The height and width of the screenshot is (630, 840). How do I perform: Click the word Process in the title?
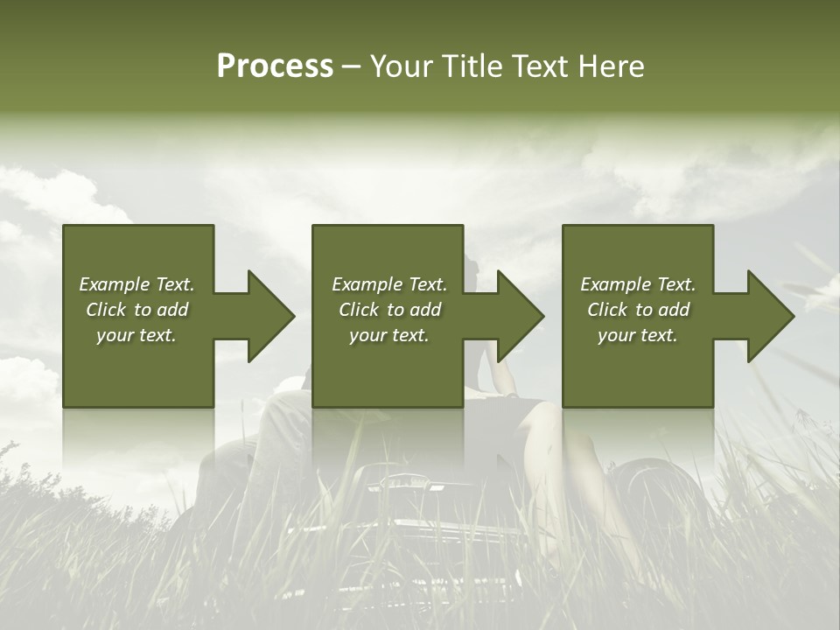coord(275,66)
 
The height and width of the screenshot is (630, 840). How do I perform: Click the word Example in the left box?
coord(115,284)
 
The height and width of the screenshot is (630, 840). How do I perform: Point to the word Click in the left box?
coord(106,310)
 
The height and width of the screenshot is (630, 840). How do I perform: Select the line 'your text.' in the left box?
coord(136,335)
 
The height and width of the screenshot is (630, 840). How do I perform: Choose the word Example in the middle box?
coord(367,284)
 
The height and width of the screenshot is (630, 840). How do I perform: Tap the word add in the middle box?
coord(425,310)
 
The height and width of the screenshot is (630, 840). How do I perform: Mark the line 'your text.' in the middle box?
coord(388,335)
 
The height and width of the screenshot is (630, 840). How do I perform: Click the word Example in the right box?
coord(616,284)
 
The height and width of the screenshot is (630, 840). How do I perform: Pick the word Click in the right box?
coord(607,310)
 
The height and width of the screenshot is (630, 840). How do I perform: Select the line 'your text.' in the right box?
coord(637,335)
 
